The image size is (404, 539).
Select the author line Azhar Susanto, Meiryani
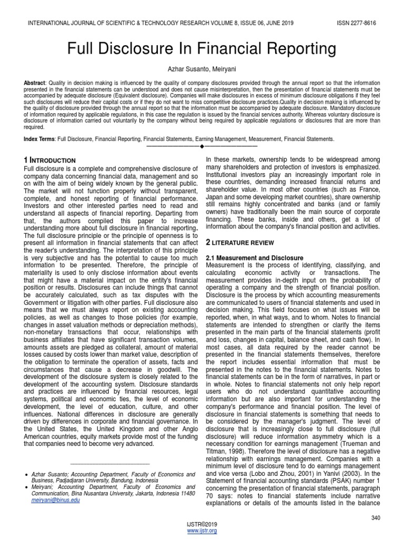click(x=202, y=69)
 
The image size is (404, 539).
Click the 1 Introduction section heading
click(x=50, y=159)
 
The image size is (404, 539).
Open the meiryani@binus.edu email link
click(x=56, y=500)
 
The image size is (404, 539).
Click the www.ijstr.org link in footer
click(x=202, y=531)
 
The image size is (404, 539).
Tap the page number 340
click(x=375, y=518)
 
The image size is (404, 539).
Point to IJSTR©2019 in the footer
click(x=202, y=525)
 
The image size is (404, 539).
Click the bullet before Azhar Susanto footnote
click(x=26, y=475)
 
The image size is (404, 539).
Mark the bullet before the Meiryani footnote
click(x=26, y=487)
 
